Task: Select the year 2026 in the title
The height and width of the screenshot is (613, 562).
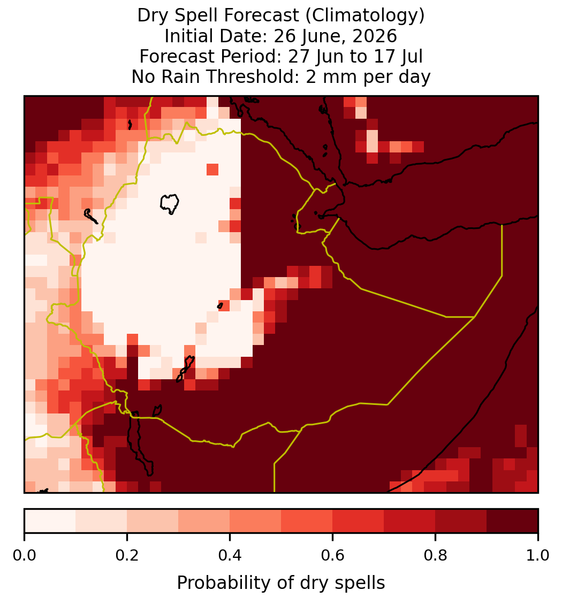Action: pyautogui.click(x=374, y=36)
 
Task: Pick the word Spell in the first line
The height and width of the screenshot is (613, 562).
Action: pyautogui.click(x=197, y=16)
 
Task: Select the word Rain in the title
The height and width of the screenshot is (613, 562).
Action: pyautogui.click(x=181, y=76)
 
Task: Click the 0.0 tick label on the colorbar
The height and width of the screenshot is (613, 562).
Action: pyautogui.click(x=24, y=556)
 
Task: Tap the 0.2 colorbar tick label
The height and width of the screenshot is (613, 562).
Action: pyautogui.click(x=127, y=556)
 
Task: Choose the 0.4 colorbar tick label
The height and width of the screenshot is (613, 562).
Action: pyautogui.click(x=230, y=556)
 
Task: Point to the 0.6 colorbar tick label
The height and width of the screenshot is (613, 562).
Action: pyautogui.click(x=333, y=556)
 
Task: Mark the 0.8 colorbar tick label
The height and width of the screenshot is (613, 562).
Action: pyautogui.click(x=436, y=556)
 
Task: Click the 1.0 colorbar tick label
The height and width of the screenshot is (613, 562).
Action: pyautogui.click(x=538, y=556)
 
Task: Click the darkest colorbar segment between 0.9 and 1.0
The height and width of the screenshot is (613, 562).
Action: pyautogui.click(x=513, y=521)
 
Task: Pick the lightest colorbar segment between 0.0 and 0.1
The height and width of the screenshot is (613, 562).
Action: pyautogui.click(x=50, y=521)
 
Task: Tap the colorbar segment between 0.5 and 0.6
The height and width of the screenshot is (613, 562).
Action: pyautogui.click(x=307, y=521)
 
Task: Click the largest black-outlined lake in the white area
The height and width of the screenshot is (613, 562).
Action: pyautogui.click(x=169, y=204)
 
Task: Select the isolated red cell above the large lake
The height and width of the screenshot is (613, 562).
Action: pyautogui.click(x=212, y=170)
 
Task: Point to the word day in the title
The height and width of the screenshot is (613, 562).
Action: pyautogui.click(x=415, y=77)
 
